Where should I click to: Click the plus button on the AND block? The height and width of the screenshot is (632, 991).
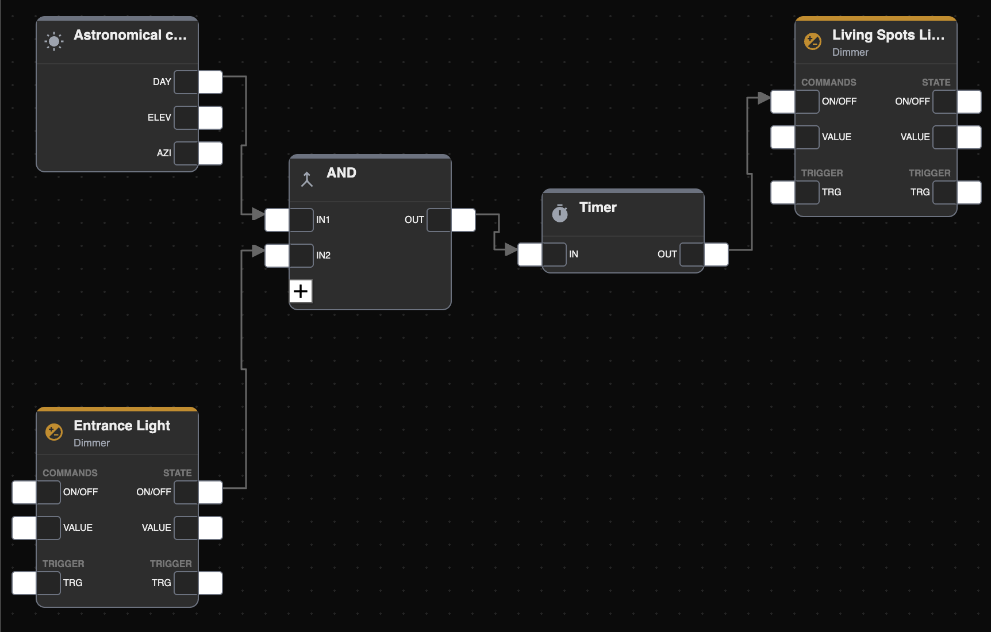301,291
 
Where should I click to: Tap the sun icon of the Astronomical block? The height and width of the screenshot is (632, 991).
54,41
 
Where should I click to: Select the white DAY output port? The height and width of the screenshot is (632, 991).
210,82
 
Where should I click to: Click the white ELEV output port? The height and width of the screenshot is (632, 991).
210,118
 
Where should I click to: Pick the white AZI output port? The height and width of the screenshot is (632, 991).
210,153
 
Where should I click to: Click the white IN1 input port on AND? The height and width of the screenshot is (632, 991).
277,220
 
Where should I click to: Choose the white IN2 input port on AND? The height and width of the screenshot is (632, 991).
277,256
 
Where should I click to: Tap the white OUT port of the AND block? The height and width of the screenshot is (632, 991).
463,220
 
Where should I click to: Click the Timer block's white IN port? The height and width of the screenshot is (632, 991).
530,255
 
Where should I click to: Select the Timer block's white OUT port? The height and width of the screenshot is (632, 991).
716,255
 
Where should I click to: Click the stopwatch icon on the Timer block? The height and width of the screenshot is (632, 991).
560,213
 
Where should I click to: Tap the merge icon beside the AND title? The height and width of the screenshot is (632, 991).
307,179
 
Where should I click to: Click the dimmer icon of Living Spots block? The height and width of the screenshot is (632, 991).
813,41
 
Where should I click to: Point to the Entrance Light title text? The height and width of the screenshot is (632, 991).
122,426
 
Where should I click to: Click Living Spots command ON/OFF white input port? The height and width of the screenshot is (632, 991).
783,102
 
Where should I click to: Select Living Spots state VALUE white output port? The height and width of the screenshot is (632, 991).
969,137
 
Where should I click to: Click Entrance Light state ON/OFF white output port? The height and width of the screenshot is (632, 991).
210,492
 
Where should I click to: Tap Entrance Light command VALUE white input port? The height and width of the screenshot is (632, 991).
24,528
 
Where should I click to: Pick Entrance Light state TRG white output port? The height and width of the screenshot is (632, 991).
210,583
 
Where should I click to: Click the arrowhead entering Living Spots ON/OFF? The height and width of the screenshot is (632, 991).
764,98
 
